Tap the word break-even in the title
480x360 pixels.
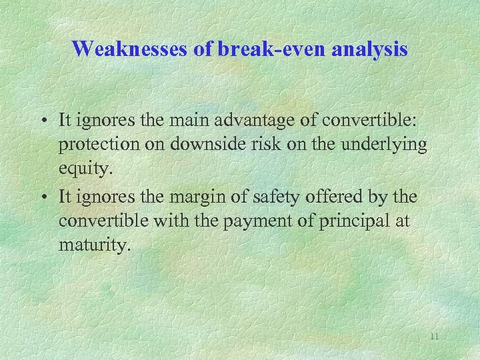click(x=253, y=48)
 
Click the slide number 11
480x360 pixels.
click(x=434, y=337)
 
